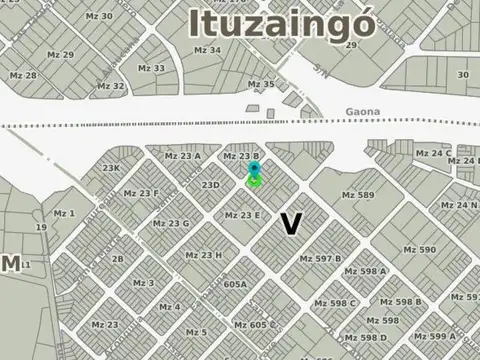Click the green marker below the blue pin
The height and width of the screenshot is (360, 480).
[x=255, y=182]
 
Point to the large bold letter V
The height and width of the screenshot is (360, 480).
[x=291, y=224]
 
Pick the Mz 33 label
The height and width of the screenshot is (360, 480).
[x=152, y=68]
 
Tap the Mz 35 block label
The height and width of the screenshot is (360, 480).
[x=261, y=84]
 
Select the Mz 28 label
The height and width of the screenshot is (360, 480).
[x=23, y=75]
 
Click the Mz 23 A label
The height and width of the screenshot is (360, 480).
[x=183, y=156]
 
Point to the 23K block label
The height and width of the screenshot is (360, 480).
[x=111, y=168]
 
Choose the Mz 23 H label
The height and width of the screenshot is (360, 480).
[x=204, y=255]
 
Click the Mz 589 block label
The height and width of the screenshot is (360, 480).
[x=357, y=195]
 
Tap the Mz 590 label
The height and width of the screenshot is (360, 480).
[x=420, y=250]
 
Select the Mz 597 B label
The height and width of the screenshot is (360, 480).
[x=320, y=259]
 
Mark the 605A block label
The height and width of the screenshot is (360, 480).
[x=235, y=284]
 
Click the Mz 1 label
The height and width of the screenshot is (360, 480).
[x=64, y=213]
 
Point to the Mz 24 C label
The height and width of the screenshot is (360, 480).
[x=431, y=153]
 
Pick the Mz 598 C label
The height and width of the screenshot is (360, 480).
[x=335, y=303]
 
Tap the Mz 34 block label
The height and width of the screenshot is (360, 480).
[x=208, y=49]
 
